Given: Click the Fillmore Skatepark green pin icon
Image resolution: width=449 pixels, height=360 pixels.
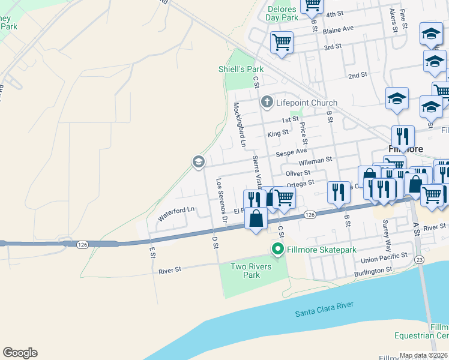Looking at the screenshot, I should [x=277, y=249].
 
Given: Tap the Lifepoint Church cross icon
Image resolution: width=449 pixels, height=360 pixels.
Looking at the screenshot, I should [x=267, y=103].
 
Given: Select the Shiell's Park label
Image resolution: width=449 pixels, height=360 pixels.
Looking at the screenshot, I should [x=241, y=69].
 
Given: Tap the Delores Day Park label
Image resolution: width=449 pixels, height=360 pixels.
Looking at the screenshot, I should [x=282, y=13].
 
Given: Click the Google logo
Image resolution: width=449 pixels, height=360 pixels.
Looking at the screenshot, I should [x=20, y=353].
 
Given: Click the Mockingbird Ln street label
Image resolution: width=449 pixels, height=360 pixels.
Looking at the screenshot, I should [x=240, y=125].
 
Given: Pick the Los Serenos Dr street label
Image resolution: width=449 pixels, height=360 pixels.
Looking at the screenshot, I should [x=221, y=201].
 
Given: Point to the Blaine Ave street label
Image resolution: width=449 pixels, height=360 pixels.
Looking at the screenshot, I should [x=339, y=29].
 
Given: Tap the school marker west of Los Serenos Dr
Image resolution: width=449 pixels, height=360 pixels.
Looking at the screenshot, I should [x=198, y=161].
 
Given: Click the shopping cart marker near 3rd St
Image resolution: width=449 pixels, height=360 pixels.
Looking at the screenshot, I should [x=282, y=43].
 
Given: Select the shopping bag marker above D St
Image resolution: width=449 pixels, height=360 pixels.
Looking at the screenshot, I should [x=256, y=217].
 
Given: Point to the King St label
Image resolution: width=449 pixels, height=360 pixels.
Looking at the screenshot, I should [x=277, y=134].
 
